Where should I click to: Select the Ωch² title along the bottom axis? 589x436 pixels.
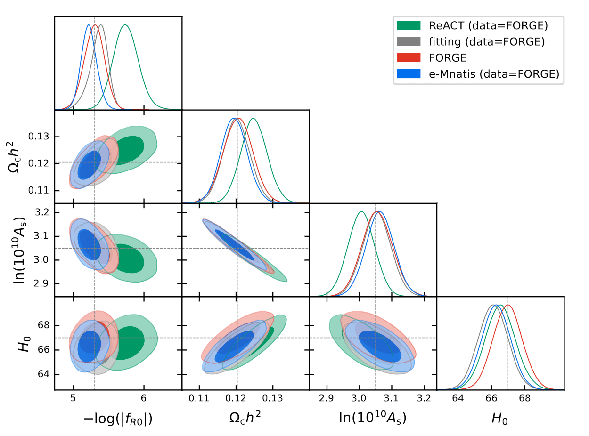pyautogui.click(x=245, y=419)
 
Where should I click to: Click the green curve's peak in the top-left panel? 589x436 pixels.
pyautogui.click(x=125, y=25)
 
